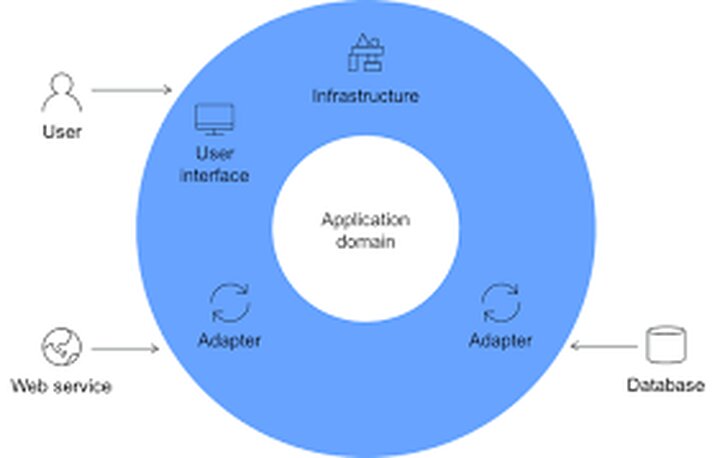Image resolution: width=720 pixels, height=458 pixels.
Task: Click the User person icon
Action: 60,92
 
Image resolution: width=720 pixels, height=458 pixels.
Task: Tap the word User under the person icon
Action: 61,130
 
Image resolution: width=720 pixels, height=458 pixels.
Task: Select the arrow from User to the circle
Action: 131,90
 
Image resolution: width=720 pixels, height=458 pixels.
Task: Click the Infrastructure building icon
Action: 364,52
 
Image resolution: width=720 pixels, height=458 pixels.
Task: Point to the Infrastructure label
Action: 365,97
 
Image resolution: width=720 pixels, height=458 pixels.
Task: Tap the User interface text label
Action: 214,165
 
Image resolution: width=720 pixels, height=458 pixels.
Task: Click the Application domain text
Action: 365,230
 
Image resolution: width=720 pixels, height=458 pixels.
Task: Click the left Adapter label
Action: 229,340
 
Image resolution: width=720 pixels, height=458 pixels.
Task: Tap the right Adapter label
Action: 500,340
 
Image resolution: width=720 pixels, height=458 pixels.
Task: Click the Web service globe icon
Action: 60,347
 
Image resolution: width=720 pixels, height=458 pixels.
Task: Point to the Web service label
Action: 61,386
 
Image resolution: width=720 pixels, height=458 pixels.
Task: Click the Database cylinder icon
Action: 665,345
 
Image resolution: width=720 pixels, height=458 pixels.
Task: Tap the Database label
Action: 665,385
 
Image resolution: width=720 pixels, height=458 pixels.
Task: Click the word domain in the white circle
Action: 365,241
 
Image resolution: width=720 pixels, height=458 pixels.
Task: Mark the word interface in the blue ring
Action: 214,175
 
